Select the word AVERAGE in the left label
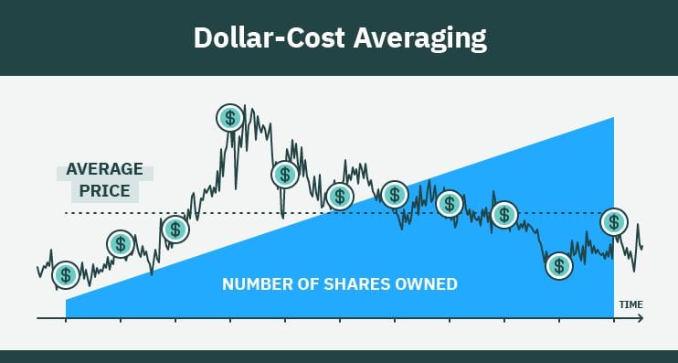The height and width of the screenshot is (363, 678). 105,170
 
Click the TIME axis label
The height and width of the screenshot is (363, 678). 630,304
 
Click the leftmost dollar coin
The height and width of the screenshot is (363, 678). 66,273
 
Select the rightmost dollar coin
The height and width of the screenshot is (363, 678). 614,221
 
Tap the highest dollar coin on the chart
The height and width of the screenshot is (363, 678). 230,117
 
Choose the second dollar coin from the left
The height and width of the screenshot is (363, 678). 121,243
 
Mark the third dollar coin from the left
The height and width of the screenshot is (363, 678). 175,230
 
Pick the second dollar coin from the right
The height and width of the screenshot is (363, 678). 559,266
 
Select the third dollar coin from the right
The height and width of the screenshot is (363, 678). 504,215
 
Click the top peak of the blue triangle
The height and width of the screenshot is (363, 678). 612,118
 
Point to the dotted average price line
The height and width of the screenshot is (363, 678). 228,213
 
